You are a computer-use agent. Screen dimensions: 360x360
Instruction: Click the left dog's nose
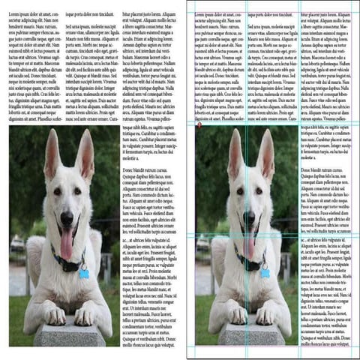click(x=67, y=218)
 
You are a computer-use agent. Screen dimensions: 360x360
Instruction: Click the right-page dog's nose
click(x=250, y=219)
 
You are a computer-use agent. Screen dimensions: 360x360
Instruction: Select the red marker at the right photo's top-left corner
click(x=198, y=126)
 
